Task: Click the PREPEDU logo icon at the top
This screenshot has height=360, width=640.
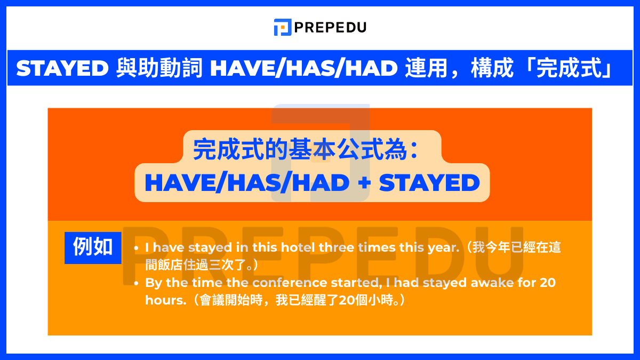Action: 282,27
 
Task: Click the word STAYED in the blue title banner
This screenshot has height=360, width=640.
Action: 62,68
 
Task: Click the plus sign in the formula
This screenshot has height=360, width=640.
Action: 364,183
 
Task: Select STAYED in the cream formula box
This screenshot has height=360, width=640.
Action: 429,183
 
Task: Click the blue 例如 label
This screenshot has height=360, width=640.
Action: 93,247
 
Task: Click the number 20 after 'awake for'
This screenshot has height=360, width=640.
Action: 547,283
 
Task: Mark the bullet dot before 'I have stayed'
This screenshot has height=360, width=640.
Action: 137,249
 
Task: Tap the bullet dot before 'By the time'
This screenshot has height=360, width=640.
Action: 137,283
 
